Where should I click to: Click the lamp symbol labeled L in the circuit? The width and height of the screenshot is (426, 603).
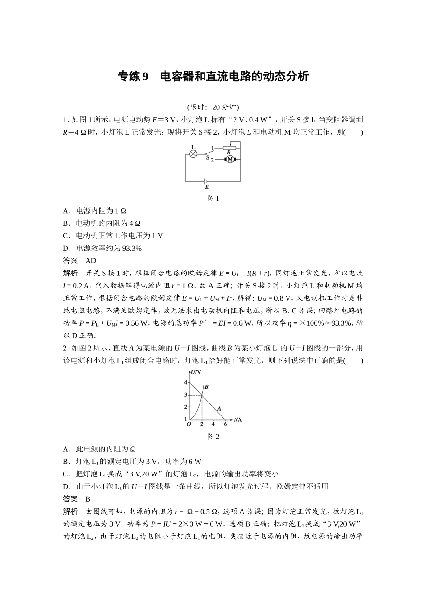(193, 153)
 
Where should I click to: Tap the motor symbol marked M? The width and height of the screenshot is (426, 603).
(230, 159)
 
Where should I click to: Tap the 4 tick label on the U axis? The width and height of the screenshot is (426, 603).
(185, 382)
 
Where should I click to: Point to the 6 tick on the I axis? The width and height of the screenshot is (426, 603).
(225, 424)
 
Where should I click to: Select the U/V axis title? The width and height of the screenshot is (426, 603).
(196, 372)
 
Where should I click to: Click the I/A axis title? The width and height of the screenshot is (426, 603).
(238, 420)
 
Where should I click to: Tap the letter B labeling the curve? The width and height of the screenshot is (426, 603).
(206, 386)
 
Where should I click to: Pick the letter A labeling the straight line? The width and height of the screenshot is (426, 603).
(219, 408)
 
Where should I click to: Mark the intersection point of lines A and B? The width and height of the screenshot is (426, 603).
(202, 394)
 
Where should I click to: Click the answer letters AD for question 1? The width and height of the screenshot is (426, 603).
(91, 261)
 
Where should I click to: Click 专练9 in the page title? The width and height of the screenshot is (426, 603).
(132, 77)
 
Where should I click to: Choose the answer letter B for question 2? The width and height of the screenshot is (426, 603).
(88, 499)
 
